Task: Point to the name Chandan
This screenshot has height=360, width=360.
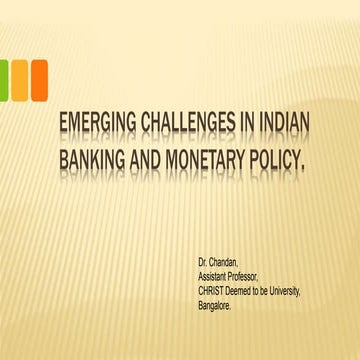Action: coord(229,266)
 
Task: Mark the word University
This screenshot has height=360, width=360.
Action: coord(307,290)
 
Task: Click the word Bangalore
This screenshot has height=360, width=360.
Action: coord(219,302)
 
